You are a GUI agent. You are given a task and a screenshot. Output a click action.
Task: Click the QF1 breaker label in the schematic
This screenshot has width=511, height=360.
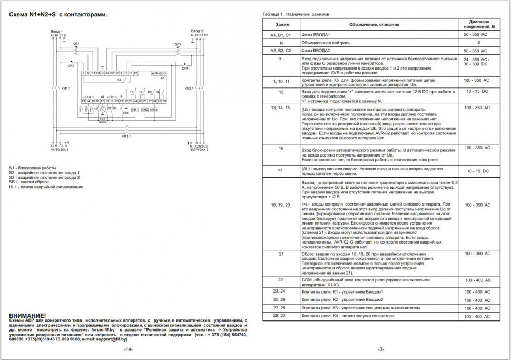tap(76, 43)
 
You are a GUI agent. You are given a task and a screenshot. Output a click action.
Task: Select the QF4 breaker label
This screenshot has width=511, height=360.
tap(185, 69)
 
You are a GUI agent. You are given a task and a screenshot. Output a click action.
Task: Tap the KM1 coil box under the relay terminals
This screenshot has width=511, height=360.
tap(135, 109)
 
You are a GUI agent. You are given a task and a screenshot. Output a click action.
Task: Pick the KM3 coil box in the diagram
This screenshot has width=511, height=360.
tap(154, 109)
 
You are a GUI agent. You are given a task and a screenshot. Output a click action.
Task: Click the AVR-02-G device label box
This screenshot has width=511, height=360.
tap(158, 73)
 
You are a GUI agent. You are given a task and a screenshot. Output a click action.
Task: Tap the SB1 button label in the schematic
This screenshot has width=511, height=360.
tap(125, 113)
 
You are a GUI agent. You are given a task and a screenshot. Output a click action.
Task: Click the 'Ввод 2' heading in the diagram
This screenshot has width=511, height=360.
tap(197, 31)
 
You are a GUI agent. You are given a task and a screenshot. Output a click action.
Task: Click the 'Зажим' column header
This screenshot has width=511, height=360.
tap(281, 24)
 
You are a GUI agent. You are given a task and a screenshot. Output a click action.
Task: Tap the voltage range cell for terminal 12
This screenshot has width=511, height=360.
tap(478, 91)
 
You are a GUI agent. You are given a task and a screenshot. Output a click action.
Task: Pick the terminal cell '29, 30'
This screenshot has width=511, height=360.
tap(281, 315)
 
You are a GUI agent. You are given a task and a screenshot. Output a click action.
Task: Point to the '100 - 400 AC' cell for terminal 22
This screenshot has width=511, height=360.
tap(478, 280)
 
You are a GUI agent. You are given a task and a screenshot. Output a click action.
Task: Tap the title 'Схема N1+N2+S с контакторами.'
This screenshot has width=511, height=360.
tap(58, 15)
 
